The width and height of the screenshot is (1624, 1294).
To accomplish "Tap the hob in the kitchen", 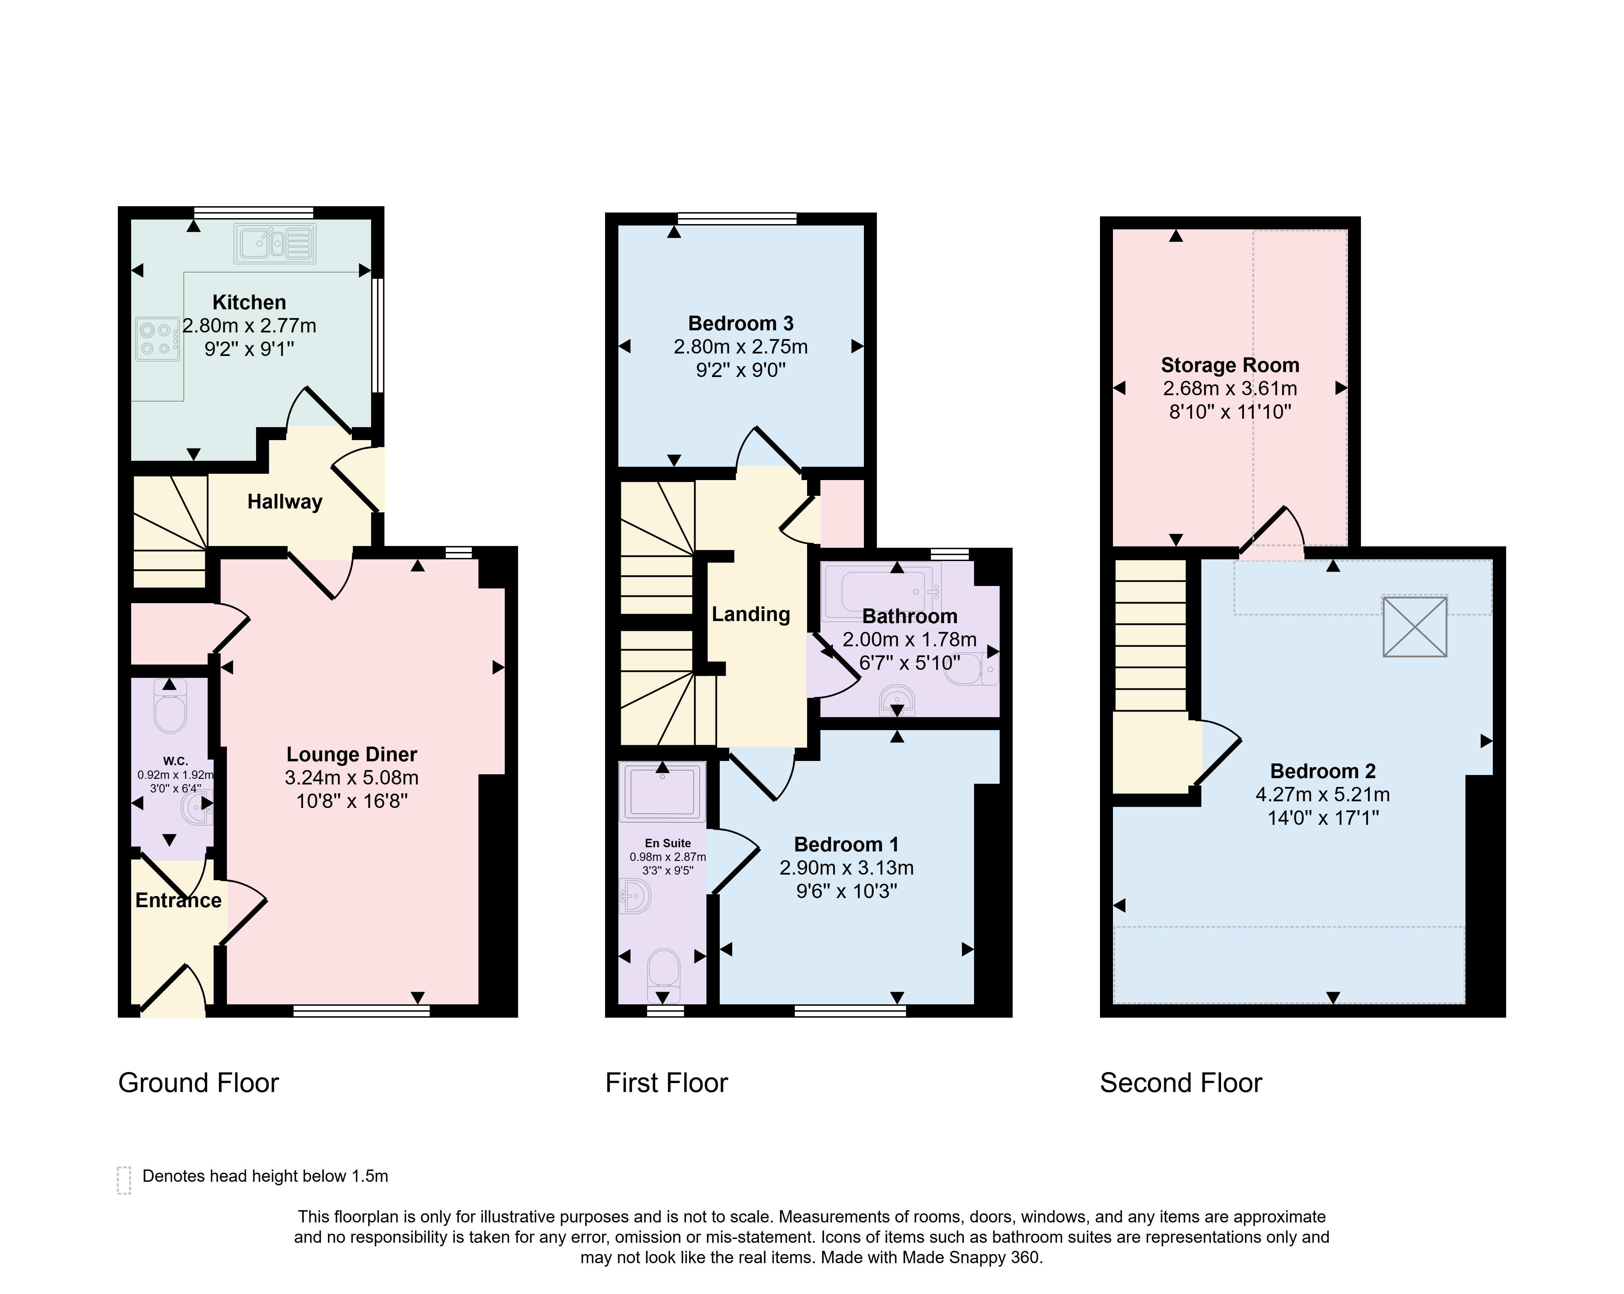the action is click(157, 339).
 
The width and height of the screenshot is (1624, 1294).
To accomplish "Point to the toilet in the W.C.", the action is click(169, 707).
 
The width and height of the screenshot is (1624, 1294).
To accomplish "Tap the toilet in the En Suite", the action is click(664, 969).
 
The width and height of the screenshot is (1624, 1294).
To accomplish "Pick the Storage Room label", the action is click(1230, 365).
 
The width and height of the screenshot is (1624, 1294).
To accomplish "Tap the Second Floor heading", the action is click(1180, 1083).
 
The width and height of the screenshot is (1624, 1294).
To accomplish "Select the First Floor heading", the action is click(667, 1083).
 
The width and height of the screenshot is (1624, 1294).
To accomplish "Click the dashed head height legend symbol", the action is click(124, 1180).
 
